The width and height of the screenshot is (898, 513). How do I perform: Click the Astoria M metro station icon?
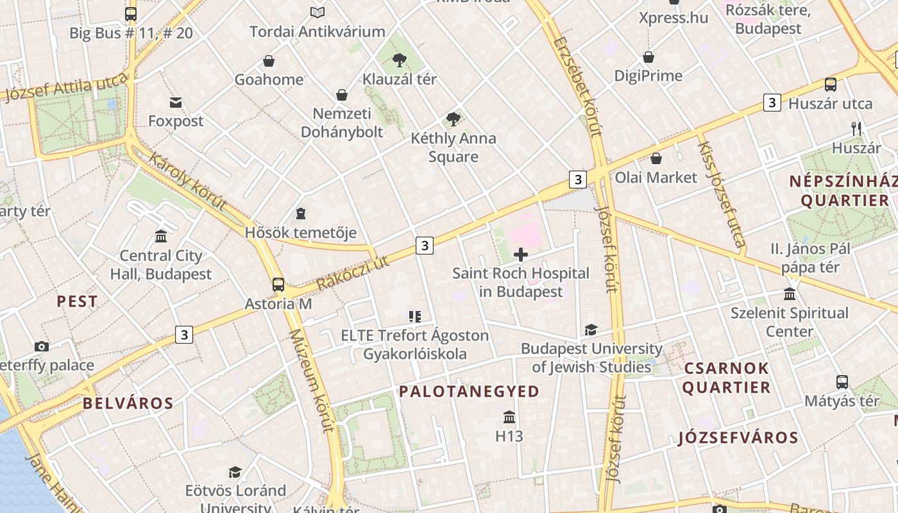(x=278, y=284)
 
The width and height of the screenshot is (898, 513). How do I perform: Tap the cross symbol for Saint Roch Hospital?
(x=521, y=255)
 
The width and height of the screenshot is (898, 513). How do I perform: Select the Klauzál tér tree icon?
(x=400, y=60)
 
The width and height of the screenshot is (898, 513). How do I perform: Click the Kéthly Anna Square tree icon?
(x=453, y=119)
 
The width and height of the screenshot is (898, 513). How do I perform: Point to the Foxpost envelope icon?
(x=176, y=102)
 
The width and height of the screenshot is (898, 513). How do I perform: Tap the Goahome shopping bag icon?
(x=269, y=61)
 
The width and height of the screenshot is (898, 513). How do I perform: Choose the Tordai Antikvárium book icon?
(x=318, y=12)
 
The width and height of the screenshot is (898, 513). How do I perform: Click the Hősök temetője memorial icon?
(x=301, y=213)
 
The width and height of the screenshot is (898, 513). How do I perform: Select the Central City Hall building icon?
(x=161, y=236)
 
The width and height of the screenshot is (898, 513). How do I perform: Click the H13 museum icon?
(x=509, y=417)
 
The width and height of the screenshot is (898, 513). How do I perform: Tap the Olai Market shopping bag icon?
(x=656, y=158)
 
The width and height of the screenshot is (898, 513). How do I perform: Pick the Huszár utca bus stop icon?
(x=831, y=84)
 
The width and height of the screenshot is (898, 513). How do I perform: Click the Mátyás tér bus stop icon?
(x=842, y=382)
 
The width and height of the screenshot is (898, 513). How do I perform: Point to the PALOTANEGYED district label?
(x=469, y=391)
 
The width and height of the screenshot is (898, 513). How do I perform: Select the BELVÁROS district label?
(x=128, y=403)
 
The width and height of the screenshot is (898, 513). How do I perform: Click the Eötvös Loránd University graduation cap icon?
(x=235, y=472)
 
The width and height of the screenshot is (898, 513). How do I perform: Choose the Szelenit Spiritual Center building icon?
(x=790, y=294)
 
